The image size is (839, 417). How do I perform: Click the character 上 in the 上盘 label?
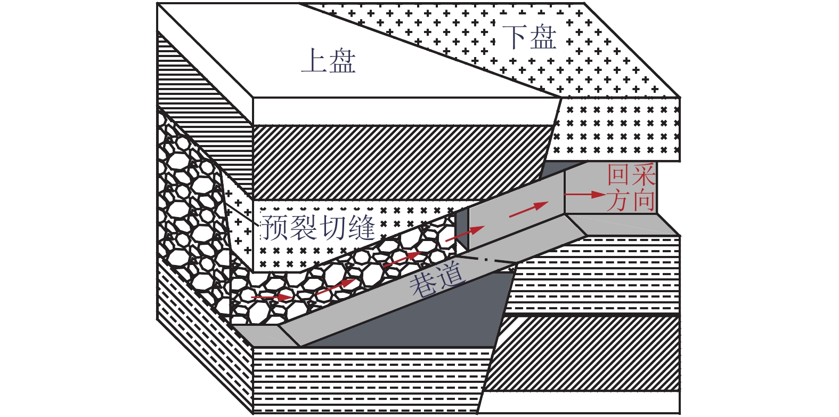pos(314,61)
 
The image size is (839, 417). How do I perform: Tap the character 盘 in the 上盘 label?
pos(343,61)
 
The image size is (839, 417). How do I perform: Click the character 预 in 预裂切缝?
pos(275,228)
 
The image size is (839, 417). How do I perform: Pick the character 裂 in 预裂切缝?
pos(304,228)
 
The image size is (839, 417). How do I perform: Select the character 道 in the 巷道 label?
pos(451,275)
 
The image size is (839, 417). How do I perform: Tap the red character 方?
pos(618,201)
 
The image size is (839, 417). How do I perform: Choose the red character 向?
pos(643,201)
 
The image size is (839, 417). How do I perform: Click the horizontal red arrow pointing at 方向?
pos(585,195)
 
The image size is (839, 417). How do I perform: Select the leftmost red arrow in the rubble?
pos(272,296)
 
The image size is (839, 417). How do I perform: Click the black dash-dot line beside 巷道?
pos(487,260)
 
